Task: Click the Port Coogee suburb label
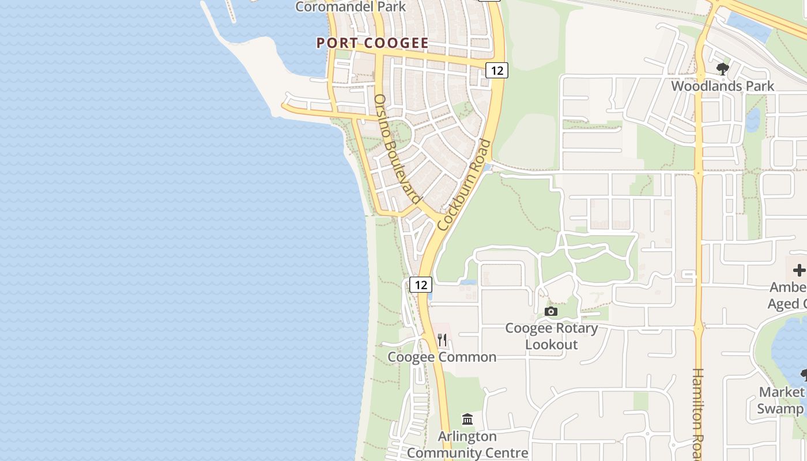tap(372, 43)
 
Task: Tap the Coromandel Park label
tap(350, 7)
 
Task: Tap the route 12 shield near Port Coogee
tap(497, 70)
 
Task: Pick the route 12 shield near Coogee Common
tap(421, 284)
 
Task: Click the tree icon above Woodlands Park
tap(722, 70)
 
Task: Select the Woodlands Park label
tap(722, 86)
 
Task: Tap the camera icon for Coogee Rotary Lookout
tap(551, 312)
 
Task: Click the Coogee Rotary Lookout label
tap(552, 337)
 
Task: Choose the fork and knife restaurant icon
tap(442, 339)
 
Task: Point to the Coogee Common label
tap(442, 357)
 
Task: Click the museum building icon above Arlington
tap(467, 419)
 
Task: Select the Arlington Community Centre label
tap(467, 444)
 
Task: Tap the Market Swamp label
tap(781, 400)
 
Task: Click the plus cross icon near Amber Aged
tap(799, 270)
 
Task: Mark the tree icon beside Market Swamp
tap(804, 376)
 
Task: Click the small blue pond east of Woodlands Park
tap(753, 120)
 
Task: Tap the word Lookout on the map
tap(552, 345)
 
